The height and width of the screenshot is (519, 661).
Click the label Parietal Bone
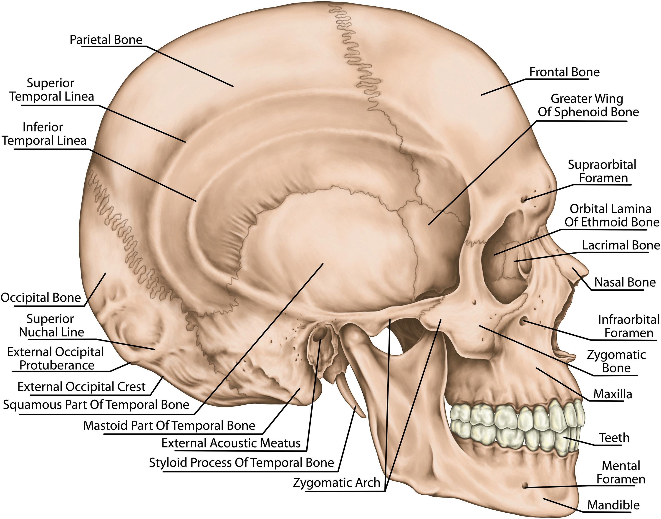tap(106, 40)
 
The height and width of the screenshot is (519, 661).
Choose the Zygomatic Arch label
tap(336, 483)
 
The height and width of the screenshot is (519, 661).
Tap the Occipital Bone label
tap(41, 298)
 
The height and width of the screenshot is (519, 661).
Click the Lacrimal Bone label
tap(621, 245)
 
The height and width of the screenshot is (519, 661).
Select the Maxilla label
tap(612, 394)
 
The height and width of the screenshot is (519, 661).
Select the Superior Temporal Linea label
tap(51, 90)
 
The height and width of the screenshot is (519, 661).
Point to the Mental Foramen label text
tap(621, 473)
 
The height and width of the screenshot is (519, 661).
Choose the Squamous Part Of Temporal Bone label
tap(96, 405)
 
